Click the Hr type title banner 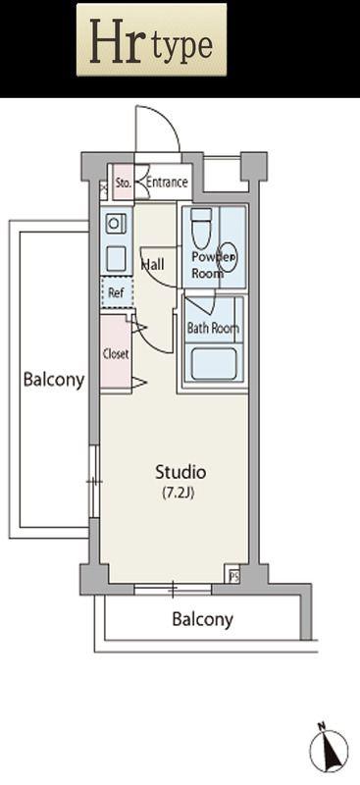(x=151, y=39)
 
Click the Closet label (x=116, y=354)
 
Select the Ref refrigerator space (x=117, y=291)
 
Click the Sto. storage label (x=124, y=183)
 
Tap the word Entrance (x=167, y=183)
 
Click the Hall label (x=153, y=264)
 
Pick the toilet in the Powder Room (x=201, y=228)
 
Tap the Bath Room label (x=213, y=329)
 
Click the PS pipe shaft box (x=233, y=576)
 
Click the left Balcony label (x=54, y=380)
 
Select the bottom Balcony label (x=202, y=619)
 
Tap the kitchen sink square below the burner (x=115, y=258)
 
